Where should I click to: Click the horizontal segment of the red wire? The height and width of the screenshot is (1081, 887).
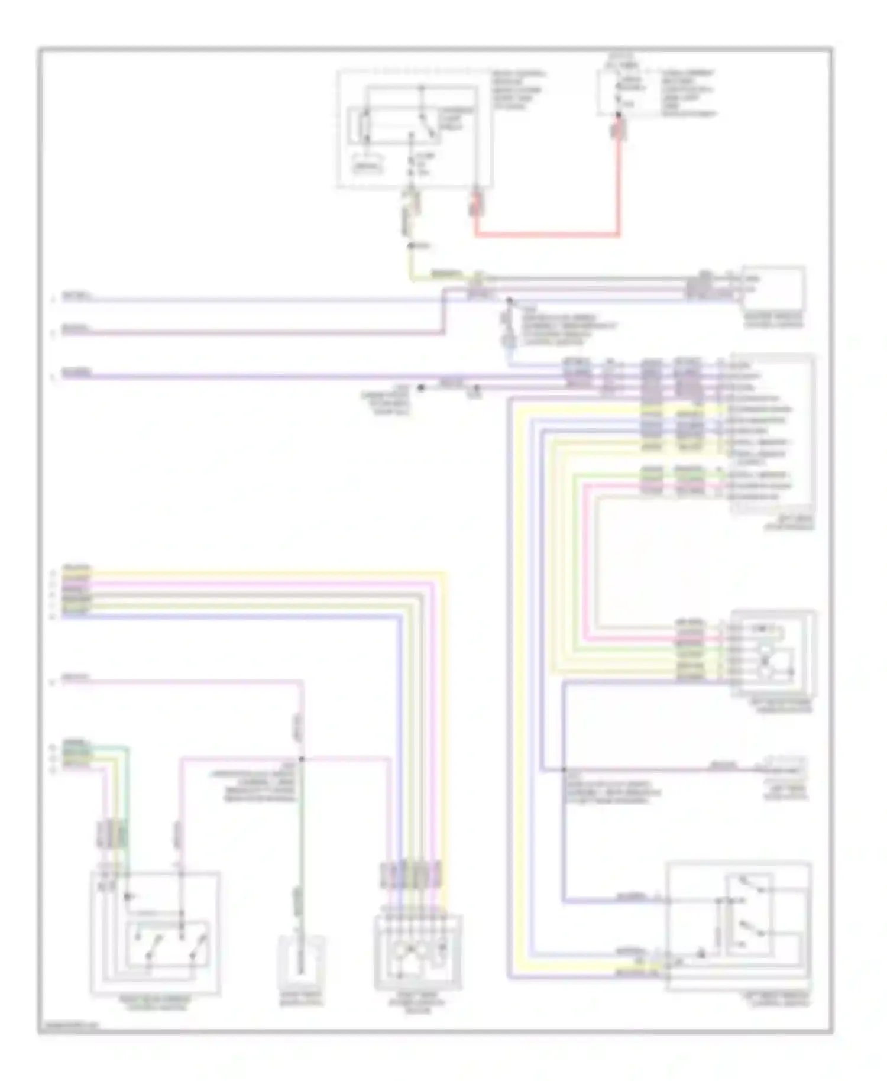tap(547, 235)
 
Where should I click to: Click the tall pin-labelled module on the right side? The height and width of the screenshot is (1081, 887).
tap(772, 435)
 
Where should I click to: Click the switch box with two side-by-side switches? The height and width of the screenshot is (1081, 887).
tap(155, 933)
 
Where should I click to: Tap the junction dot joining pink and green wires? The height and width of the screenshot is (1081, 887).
tap(302, 759)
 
